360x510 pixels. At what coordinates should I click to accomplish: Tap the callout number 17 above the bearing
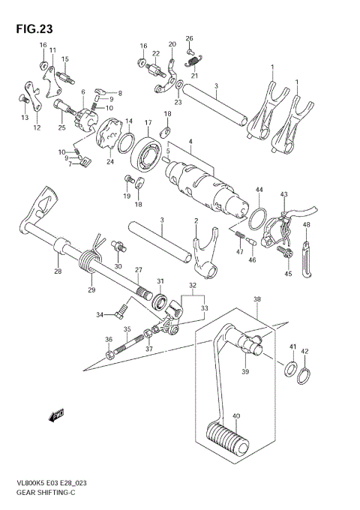point(148,122)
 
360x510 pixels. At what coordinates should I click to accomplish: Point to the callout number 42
point(304,351)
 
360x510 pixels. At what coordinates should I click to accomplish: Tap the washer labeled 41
point(289,368)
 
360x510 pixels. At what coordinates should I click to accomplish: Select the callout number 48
point(306,224)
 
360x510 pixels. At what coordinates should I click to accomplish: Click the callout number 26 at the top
point(189,37)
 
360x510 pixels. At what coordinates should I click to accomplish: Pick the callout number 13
point(24,118)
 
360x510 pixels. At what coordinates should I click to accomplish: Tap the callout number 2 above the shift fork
point(196,220)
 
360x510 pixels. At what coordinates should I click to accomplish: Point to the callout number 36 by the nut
point(109,340)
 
